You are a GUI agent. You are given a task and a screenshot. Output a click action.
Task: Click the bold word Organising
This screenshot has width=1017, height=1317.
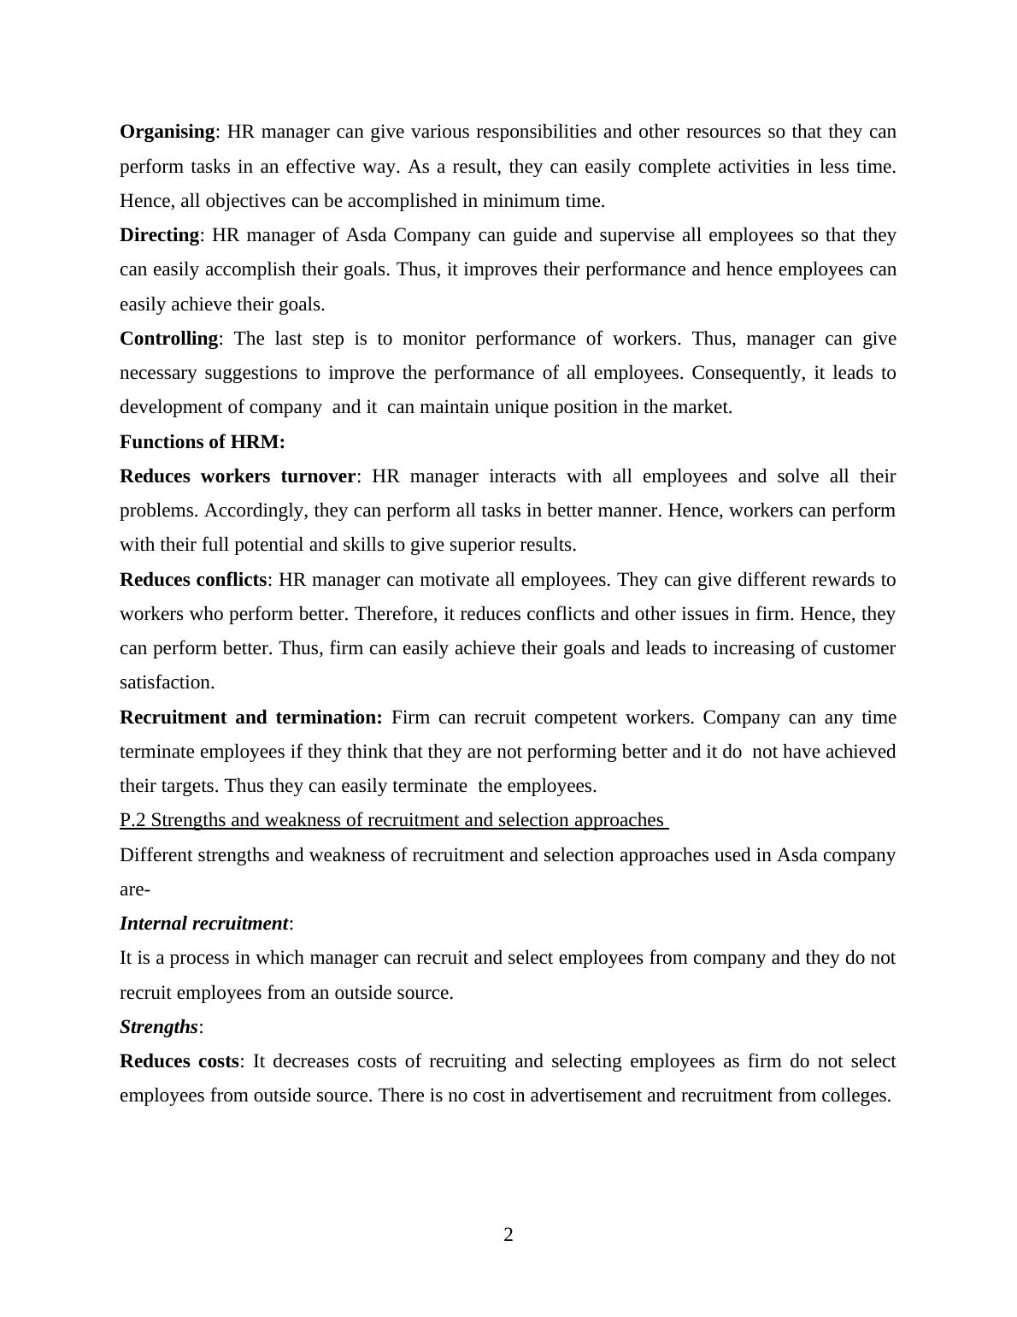coord(167,132)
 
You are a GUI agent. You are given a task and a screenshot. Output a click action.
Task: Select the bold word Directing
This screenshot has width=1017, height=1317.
coord(159,235)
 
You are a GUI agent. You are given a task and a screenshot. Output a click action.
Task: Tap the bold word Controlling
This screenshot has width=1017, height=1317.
coord(169,339)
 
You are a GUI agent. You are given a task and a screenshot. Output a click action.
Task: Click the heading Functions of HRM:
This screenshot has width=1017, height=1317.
coord(203,442)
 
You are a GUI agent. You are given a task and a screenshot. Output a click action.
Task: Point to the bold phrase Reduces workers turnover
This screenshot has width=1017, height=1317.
coord(238,476)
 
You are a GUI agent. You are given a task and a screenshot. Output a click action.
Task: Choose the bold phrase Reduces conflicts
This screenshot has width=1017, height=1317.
coord(193,580)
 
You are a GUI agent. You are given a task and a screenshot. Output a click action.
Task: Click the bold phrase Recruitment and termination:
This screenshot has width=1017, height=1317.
coord(251,718)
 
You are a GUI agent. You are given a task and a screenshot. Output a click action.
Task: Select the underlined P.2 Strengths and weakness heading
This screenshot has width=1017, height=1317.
coord(392,820)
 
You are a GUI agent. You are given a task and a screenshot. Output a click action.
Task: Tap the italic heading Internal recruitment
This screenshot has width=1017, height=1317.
coord(203,924)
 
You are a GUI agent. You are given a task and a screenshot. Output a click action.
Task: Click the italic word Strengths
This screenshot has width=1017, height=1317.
coord(159,1027)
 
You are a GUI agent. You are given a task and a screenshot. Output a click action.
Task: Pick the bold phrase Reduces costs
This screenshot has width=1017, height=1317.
coord(179,1061)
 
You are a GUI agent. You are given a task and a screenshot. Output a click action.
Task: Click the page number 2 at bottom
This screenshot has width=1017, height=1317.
coord(508,1235)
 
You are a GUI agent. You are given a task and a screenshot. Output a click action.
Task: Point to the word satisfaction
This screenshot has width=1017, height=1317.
coord(167,682)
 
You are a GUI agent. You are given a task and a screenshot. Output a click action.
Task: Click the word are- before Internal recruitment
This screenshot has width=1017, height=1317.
coord(135,889)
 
